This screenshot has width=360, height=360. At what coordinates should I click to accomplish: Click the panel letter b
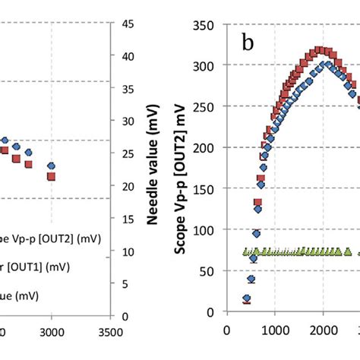coord(248,43)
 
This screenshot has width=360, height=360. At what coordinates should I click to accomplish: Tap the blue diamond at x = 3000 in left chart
coord(51,165)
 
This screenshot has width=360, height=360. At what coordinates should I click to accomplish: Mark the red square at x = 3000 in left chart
coord(51,176)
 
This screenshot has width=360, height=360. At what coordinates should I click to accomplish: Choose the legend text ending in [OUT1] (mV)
coord(38,267)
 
